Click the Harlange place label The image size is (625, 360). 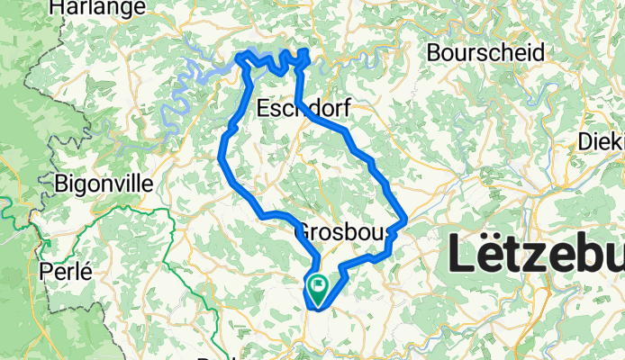[97, 8]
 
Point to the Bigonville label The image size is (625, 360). [104, 184]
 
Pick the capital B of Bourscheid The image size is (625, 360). [434, 52]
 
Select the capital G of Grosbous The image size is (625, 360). [303, 232]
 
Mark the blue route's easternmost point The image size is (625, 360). [407, 219]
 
